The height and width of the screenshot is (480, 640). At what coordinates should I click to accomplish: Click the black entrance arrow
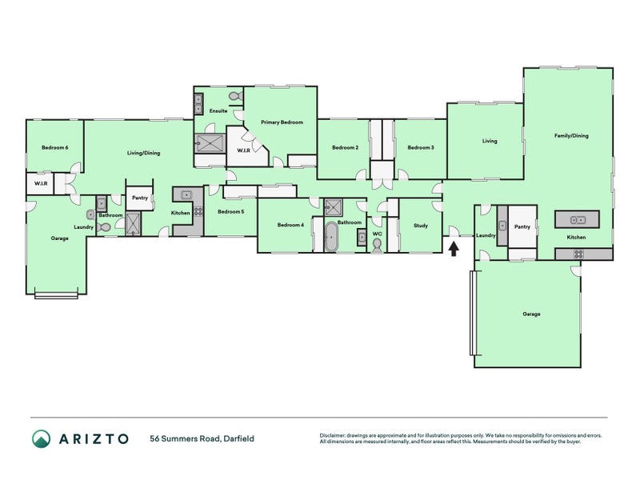point(454,248)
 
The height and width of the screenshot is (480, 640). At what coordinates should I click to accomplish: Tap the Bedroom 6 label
point(55,147)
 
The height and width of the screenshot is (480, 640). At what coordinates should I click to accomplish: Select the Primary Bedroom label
point(282,122)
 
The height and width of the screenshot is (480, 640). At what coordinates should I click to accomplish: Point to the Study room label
point(420,226)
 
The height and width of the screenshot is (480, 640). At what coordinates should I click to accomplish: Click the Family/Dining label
point(571,136)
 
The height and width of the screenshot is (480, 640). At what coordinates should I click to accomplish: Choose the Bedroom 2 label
point(345,147)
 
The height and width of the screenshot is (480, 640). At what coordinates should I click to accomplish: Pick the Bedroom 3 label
point(420,147)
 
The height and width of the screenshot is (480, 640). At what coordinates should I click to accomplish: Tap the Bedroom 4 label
point(290,226)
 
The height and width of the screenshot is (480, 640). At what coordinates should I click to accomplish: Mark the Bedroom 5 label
point(230,211)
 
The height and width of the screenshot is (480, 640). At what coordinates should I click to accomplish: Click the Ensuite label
point(218,110)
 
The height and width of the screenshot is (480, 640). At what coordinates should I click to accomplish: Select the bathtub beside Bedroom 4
point(331,238)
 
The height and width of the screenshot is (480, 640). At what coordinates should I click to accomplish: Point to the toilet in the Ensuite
point(234,97)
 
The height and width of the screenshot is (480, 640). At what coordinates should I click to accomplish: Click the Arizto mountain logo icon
point(42,438)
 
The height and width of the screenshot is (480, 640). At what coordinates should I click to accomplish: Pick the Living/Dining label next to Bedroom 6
point(144,153)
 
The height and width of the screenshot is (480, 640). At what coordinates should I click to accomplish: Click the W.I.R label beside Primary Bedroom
point(242,151)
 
